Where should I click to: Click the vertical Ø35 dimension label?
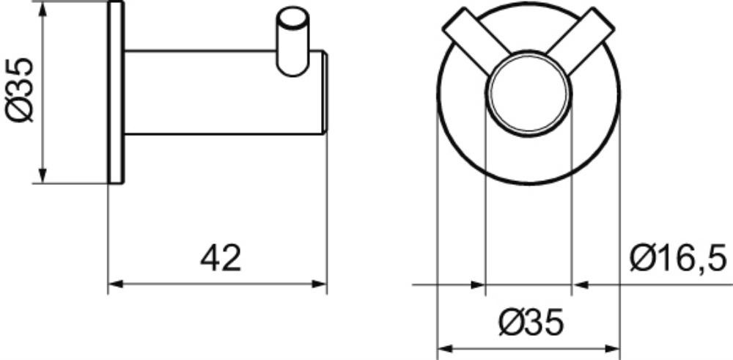point(20,89)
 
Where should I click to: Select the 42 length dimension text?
point(221,259)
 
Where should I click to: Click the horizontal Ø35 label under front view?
point(531,323)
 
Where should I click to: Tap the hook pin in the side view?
point(292,41)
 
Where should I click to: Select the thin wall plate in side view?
point(116,92)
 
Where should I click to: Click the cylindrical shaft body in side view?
point(224,92)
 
